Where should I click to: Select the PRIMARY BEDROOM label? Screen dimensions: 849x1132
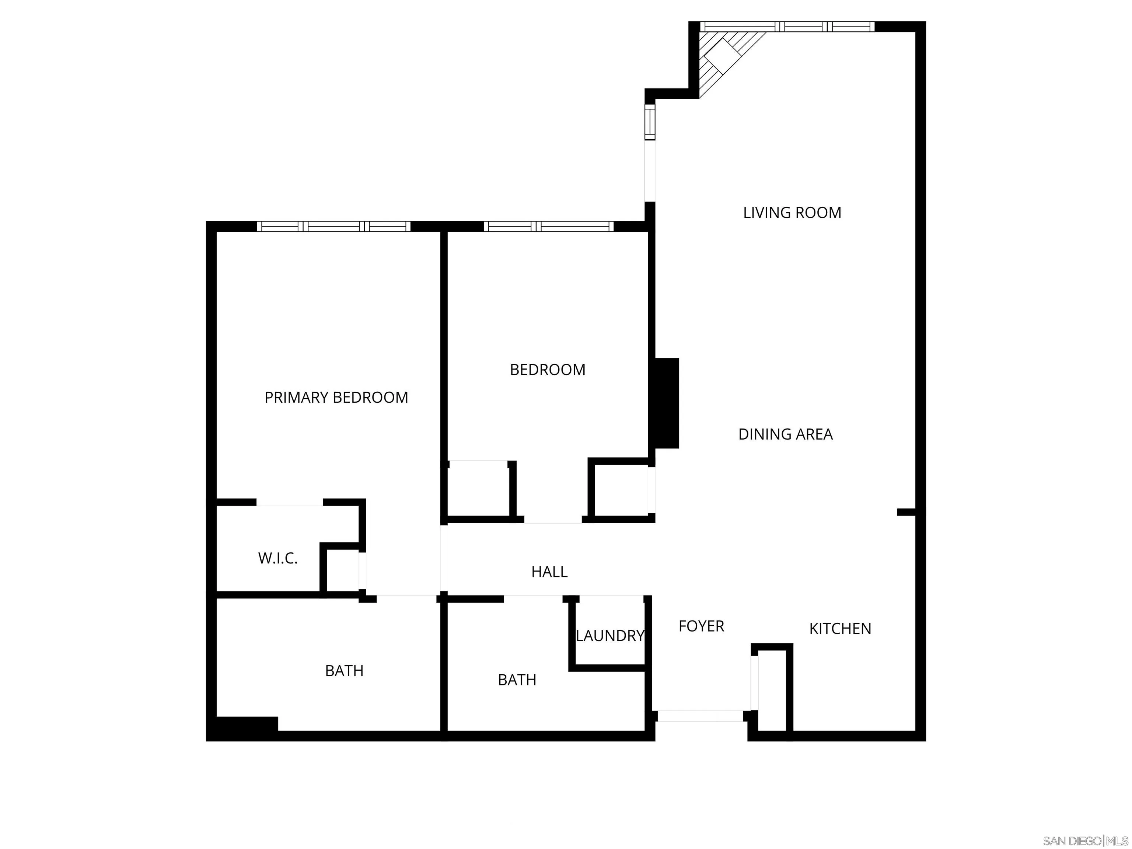(336, 397)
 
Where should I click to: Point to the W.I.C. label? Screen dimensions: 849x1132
(277, 558)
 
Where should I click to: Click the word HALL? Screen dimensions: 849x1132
(549, 571)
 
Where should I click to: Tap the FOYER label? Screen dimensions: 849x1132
(701, 626)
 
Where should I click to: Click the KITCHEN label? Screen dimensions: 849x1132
(840, 628)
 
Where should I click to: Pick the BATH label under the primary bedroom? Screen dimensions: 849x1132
(344, 670)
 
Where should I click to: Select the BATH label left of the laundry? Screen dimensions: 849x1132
(517, 679)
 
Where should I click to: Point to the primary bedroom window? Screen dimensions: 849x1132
(333, 226)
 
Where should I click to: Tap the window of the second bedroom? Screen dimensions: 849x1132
(548, 226)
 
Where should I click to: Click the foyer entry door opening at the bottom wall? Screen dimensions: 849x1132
(700, 716)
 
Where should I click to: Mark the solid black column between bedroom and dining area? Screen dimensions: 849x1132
(665, 403)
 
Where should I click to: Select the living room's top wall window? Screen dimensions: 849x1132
(787, 27)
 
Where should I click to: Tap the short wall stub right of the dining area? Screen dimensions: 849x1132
(906, 512)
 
